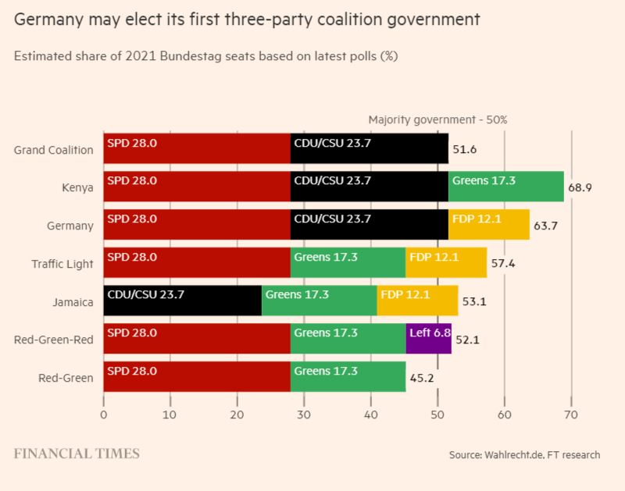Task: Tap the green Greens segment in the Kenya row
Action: [x=506, y=187]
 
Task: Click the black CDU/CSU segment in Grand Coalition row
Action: [x=370, y=148]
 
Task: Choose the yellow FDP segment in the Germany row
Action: [x=489, y=225]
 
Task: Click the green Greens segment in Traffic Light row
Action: [x=348, y=263]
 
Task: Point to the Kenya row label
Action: [x=78, y=187]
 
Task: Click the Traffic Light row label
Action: [x=63, y=264]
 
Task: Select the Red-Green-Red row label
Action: [x=53, y=340]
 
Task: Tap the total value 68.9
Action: [x=580, y=188]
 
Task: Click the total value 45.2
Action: [x=423, y=379]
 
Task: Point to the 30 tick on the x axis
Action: [x=304, y=415]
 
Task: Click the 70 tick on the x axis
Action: [x=571, y=415]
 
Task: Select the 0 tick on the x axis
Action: [x=104, y=415]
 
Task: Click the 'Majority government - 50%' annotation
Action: [x=437, y=119]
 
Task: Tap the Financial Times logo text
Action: [x=77, y=454]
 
